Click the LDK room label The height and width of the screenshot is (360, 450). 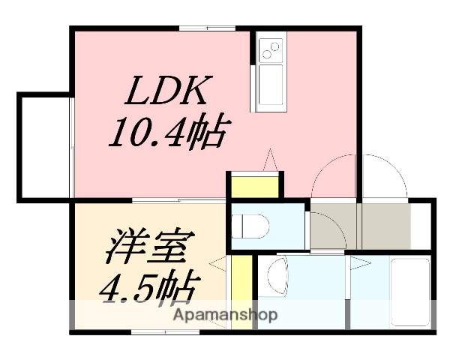click(166, 93)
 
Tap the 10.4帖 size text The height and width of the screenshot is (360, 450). click(166, 135)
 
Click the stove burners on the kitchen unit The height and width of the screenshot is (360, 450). click(269, 50)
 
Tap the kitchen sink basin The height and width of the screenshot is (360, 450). click(270, 86)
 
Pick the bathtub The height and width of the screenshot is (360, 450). click(409, 291)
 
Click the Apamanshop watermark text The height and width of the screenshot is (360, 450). click(226, 314)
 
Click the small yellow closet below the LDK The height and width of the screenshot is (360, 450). click(256, 185)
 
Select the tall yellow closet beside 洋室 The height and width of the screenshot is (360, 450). click(240, 289)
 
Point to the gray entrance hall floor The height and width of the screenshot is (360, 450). click(360, 224)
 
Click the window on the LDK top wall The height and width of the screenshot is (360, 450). click(207, 28)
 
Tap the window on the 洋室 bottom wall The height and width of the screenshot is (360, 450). click(154, 331)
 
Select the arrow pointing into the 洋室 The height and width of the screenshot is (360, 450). click(217, 263)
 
